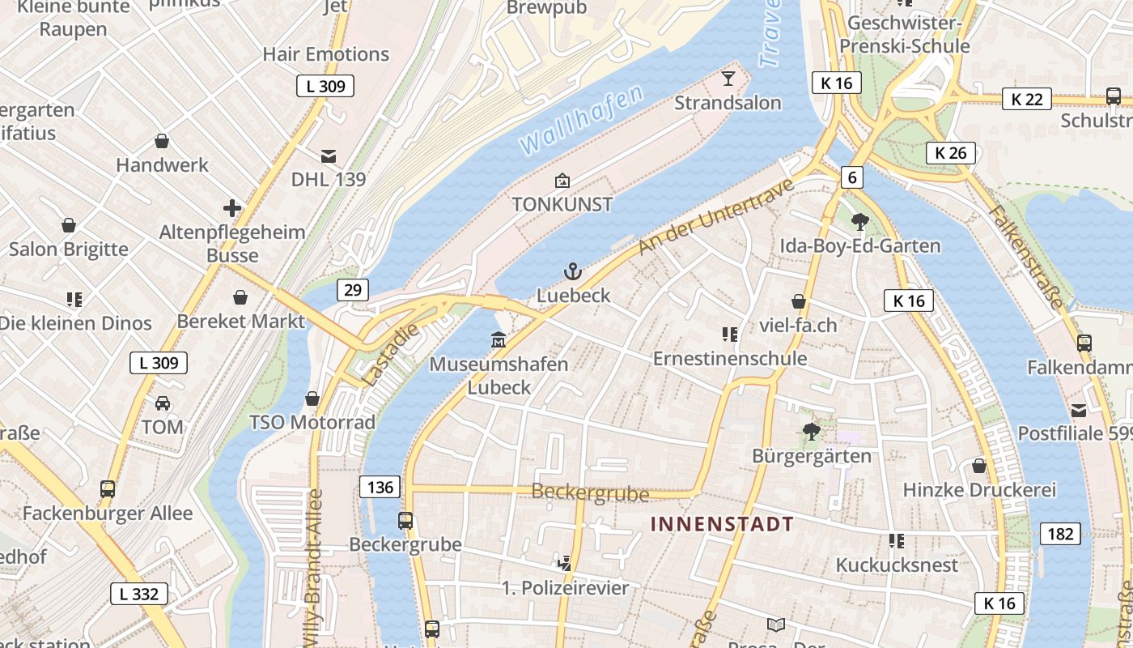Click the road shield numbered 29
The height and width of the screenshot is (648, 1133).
pos(354,290)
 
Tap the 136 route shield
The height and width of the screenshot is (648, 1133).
pos(380,487)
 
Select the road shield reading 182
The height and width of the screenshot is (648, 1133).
pos(1060,533)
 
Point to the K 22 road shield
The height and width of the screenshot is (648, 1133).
pos(1027,99)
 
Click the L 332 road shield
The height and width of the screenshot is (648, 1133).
pos(139,594)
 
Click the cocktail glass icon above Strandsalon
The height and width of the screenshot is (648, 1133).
pos(728,79)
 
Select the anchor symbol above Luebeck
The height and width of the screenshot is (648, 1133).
pos(573,271)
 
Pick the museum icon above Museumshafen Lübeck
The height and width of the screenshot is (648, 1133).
pos(499,339)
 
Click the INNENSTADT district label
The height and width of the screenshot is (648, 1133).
pos(722,524)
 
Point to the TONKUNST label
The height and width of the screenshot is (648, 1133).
pos(562,205)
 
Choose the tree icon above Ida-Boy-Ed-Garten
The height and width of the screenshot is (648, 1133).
pos(859,221)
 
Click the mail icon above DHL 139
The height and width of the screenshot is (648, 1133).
pos(329,156)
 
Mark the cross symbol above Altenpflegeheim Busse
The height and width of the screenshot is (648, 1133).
pos(232,208)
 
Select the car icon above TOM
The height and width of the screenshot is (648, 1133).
pos(162,403)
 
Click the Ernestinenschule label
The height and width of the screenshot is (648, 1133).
pos(730,358)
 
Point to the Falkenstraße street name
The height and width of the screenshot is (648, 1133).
pos(1025,256)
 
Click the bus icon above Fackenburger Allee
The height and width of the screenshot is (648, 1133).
pos(108,488)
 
